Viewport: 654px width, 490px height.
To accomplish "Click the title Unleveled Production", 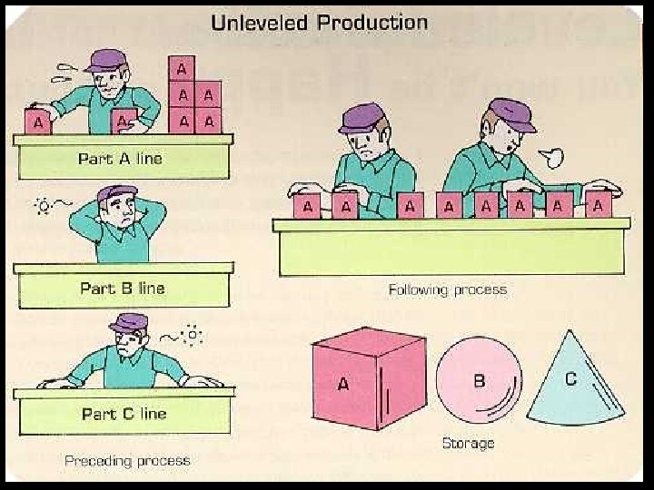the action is point(319,22).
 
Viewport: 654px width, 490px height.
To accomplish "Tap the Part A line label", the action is point(120,159).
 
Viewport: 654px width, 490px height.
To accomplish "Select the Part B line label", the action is point(122,289).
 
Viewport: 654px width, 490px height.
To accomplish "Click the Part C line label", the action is point(124,414).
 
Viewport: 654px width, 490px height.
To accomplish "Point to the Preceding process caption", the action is point(127,461).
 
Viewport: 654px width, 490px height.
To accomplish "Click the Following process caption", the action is point(447,290).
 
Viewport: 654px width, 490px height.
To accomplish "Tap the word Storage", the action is point(468,443).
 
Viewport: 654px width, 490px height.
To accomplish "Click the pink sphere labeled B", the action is point(479,379).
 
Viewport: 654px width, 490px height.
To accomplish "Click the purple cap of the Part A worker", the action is point(107,60).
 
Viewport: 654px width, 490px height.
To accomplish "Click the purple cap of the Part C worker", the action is point(128,322).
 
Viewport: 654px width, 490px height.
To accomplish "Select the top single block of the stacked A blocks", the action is point(182,68).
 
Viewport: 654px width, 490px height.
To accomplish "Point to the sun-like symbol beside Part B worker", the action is point(41,205).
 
